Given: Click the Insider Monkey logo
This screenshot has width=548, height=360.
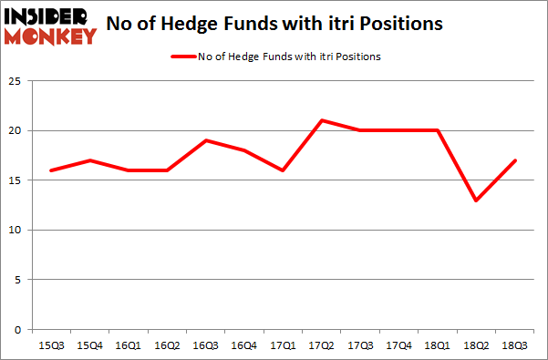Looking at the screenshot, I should [50, 25].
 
